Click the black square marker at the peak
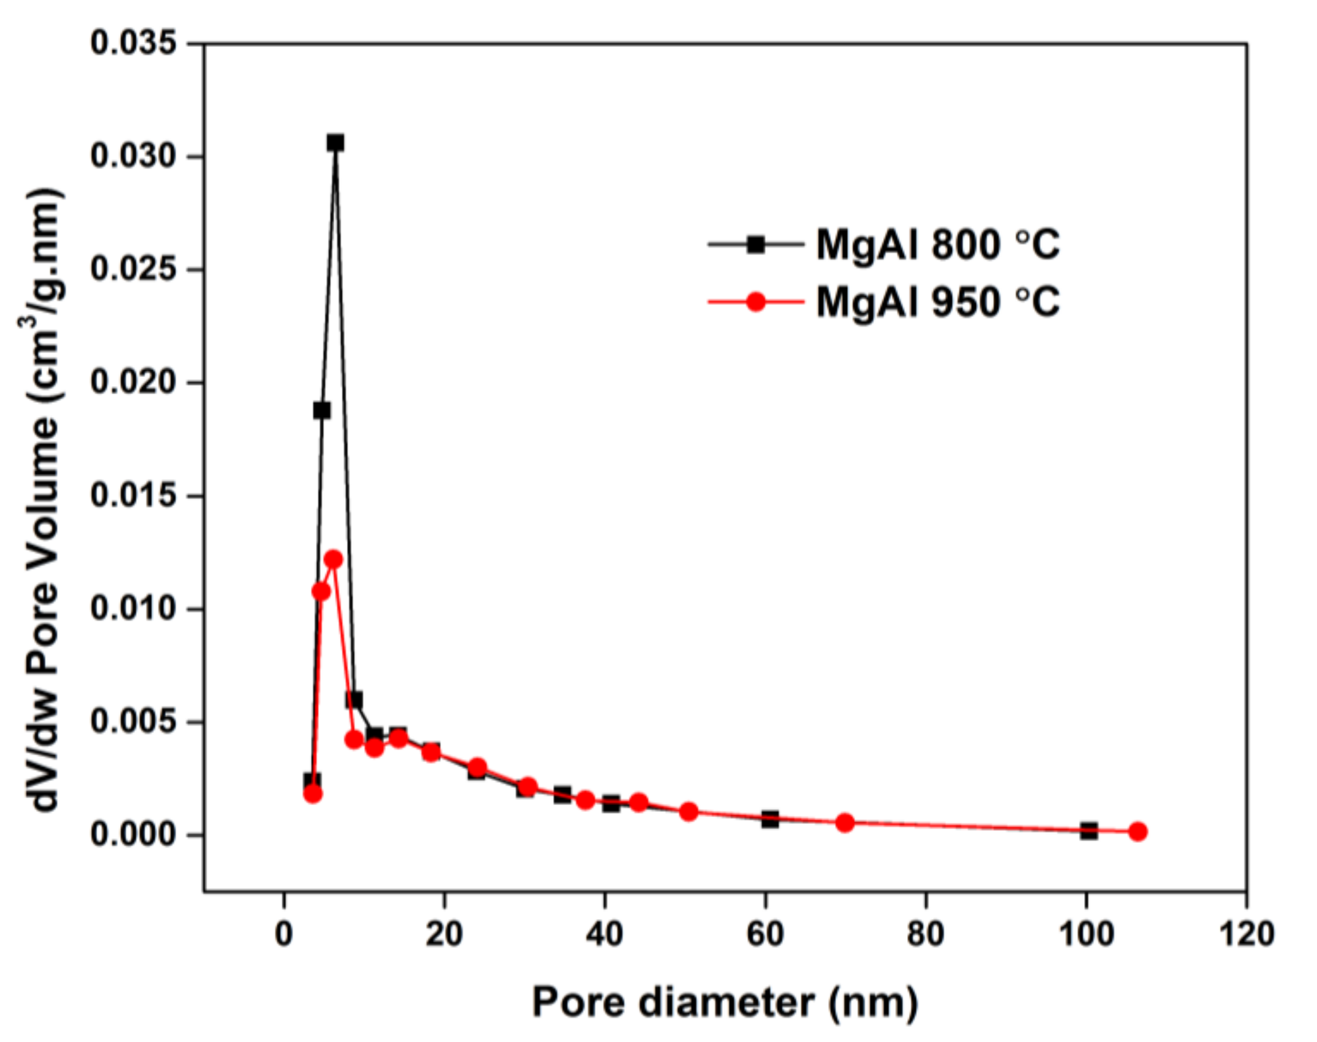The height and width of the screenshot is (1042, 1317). click(x=335, y=142)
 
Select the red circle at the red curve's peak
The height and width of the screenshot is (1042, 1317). click(x=333, y=559)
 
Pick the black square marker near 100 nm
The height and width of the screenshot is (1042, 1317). click(x=1089, y=830)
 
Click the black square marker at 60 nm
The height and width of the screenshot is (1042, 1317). click(x=770, y=819)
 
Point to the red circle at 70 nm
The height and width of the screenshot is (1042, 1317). click(x=845, y=822)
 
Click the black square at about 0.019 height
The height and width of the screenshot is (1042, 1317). click(x=322, y=411)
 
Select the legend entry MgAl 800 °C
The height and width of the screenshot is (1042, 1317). click(x=938, y=245)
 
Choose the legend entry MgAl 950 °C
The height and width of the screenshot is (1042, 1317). click(x=938, y=302)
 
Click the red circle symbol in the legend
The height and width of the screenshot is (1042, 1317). click(x=756, y=302)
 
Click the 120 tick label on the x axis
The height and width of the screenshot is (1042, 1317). click(x=1246, y=934)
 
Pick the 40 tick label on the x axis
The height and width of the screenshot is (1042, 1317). click(x=604, y=934)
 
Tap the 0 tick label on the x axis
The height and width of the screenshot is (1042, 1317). click(x=284, y=934)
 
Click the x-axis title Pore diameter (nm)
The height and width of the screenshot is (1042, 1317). click(x=725, y=1002)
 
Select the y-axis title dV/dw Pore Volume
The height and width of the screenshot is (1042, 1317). click(x=44, y=500)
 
